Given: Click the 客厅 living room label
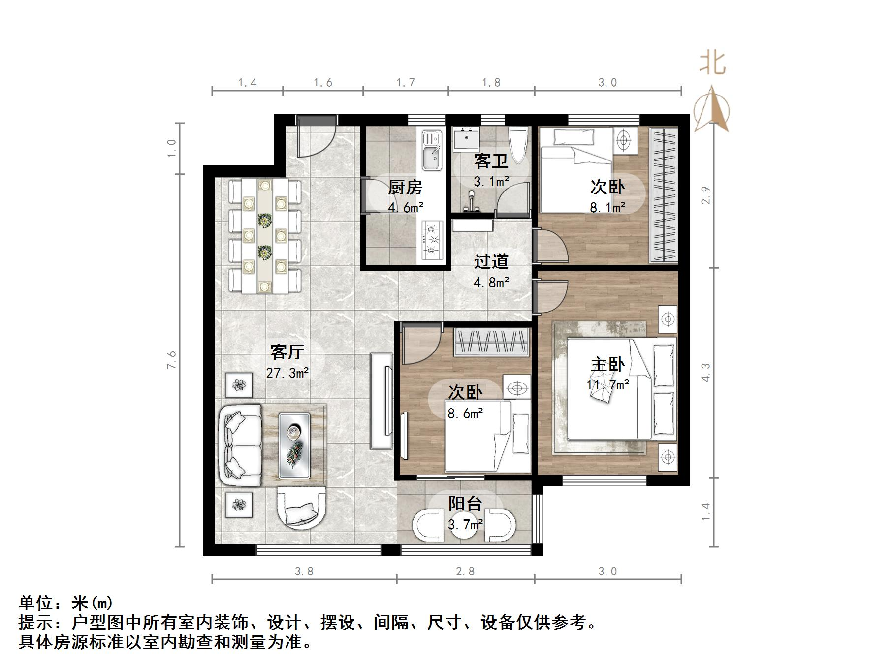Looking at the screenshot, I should pos(287,351).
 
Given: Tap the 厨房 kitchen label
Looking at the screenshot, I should pos(405,187).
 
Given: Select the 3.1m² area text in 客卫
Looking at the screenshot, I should pos(491,182).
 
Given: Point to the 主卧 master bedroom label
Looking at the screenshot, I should pos(607,364).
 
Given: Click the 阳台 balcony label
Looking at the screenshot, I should pos(465,503).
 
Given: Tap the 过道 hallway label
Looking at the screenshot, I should pos(491,261).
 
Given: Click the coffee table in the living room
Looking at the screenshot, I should pos(294,445).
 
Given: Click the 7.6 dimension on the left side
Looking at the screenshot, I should pos(171,360).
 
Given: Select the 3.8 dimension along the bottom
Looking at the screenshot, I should pos(304,572).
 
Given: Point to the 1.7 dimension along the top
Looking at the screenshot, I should pos(406,83).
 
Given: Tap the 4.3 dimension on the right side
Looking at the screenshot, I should pos(706,372).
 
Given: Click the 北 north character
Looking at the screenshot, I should pos(712,64).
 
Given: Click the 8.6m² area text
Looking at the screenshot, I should pos(465,414).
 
